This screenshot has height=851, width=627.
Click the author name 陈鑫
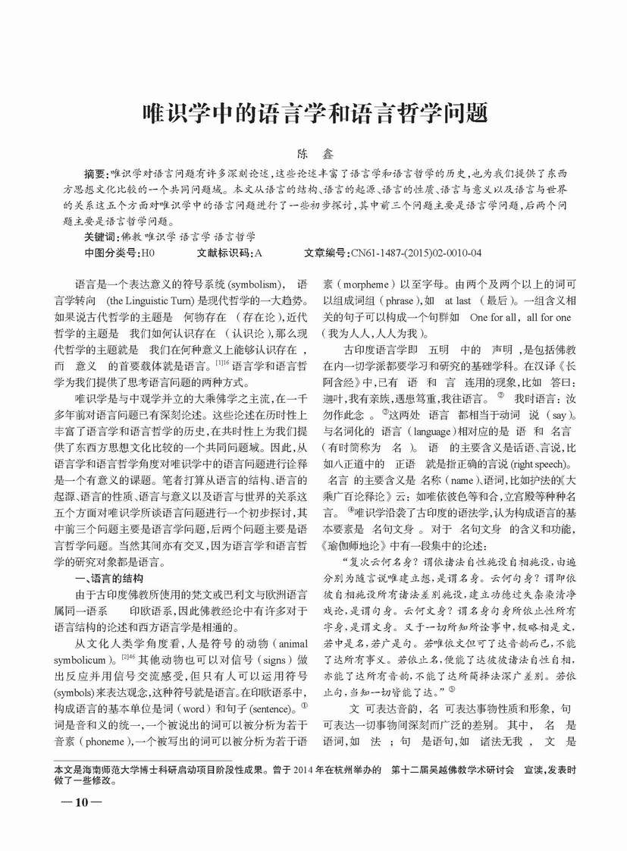pos(314,153)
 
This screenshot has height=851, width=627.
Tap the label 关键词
pos(102,237)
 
